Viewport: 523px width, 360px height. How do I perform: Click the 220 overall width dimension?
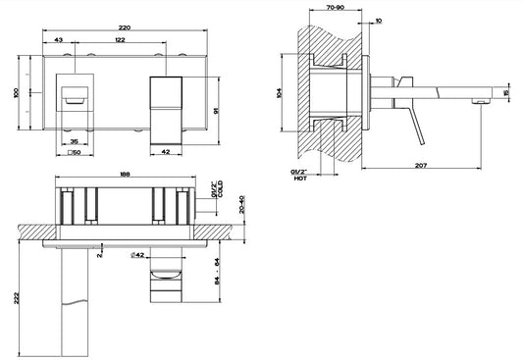(125, 28)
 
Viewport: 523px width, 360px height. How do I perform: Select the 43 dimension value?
(58, 40)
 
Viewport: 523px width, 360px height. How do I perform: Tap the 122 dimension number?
(120, 40)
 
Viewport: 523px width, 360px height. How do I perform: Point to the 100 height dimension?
(16, 92)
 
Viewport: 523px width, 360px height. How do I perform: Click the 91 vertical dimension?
(216, 111)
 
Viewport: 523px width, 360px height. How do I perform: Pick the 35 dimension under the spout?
(75, 141)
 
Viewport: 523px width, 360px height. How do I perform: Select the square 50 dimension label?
(75, 153)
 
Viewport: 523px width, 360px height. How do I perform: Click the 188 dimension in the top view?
(125, 174)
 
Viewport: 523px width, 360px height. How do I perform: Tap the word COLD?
(220, 189)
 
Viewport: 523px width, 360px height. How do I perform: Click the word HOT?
(300, 179)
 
